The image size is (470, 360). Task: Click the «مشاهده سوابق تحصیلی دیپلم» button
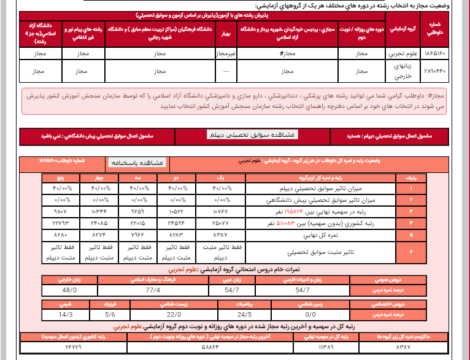pyautogui.click(x=252, y=134)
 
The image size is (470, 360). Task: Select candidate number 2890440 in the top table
pyautogui.click(x=436, y=71)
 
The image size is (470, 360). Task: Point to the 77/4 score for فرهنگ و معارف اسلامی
pyautogui.click(x=153, y=289)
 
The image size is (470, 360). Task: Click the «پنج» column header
pyautogui.click(x=64, y=178)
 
